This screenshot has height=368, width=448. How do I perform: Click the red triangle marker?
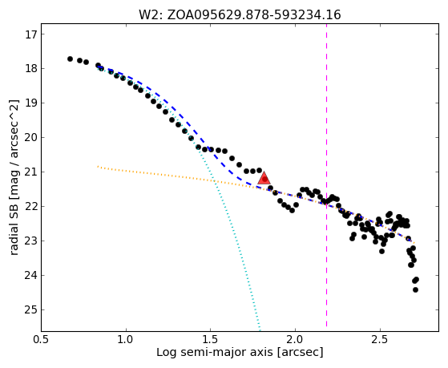point(264,178)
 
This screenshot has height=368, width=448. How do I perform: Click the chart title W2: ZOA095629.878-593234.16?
point(240,15)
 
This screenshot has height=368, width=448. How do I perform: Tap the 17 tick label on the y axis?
point(31,34)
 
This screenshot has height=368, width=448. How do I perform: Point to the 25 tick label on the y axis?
point(31,310)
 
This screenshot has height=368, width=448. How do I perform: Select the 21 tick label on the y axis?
point(31,172)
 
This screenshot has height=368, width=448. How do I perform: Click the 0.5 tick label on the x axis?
point(42,340)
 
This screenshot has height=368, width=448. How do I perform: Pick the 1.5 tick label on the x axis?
point(210,340)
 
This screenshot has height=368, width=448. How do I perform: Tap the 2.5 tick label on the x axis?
point(380,340)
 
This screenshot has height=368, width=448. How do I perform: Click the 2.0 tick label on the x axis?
point(295,340)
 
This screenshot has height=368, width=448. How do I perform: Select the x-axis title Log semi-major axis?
point(215,353)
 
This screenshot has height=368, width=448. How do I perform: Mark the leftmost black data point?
point(70,59)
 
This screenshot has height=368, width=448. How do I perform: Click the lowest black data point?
point(415,290)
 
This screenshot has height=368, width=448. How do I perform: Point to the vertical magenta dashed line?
point(326,176)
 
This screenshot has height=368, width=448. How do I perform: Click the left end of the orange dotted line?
point(98,166)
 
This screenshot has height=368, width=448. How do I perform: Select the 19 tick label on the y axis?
point(31,103)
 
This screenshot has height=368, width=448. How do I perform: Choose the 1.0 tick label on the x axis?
point(126,340)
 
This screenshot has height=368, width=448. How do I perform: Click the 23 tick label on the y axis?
point(31,241)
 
